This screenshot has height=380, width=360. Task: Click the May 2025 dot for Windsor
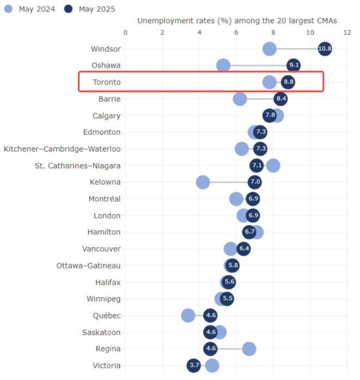click(x=325, y=49)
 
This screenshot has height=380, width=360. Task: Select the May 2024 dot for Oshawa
click(x=223, y=65)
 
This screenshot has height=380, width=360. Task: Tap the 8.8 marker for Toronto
click(x=288, y=82)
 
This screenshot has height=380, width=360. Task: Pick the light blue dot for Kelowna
click(x=203, y=182)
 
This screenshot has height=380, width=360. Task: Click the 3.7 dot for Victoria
click(x=194, y=365)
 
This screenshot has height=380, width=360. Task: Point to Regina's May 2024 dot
click(x=249, y=349)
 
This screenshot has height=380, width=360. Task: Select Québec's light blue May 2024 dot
click(x=188, y=315)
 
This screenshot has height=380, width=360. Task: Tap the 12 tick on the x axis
click(x=347, y=33)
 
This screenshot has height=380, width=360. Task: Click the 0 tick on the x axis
click(x=125, y=33)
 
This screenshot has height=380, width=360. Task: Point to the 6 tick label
click(x=236, y=33)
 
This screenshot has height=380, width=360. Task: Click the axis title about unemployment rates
click(x=237, y=20)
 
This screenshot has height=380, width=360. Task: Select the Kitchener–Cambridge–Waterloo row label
click(x=62, y=149)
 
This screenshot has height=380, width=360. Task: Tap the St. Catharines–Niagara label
click(x=77, y=165)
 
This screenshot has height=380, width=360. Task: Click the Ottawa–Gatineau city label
click(x=88, y=266)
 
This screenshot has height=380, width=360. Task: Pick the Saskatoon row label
click(x=101, y=332)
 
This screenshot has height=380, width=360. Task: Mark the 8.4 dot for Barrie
click(x=280, y=99)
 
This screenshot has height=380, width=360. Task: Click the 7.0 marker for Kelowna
click(x=255, y=182)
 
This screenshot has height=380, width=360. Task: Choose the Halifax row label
click(x=107, y=282)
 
